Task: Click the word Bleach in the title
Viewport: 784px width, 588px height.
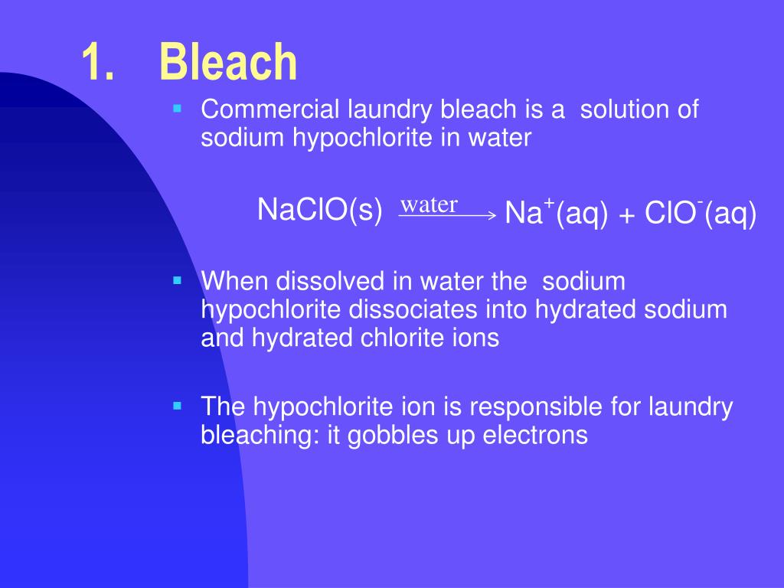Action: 227,63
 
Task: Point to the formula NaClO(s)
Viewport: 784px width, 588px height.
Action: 320,209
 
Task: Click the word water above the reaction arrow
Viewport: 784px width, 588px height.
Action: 430,204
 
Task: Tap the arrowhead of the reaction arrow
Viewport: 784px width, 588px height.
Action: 492,217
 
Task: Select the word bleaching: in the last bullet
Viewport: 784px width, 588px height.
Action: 255,435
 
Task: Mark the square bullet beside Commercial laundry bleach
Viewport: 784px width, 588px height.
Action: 178,109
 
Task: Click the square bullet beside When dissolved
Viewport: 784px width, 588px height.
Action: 178,281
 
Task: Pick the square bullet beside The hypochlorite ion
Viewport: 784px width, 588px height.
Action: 178,406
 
